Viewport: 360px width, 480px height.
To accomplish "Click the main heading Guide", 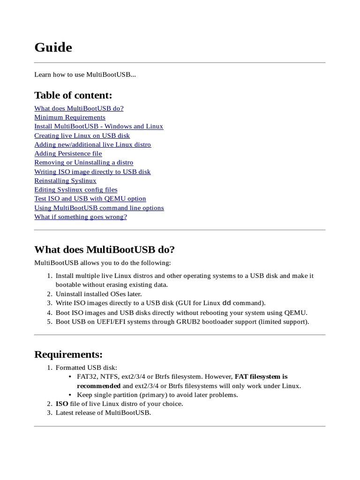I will (53, 47).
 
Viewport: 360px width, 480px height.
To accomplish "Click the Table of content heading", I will (73, 95).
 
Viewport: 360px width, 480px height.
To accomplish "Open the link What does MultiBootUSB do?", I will (79, 108).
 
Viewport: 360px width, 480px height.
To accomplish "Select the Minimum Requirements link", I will (69, 117).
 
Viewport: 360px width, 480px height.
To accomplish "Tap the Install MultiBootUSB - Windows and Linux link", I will (98, 126).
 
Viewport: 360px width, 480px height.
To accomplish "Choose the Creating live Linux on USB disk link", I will (82, 135).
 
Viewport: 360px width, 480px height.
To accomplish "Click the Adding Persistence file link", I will (68, 153).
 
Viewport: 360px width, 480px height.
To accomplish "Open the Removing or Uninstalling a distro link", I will (83, 162).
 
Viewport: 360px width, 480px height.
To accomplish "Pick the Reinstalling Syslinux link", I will (65, 180).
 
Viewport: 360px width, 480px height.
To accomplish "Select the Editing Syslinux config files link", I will (75, 189).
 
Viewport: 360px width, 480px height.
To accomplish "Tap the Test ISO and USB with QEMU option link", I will (90, 199).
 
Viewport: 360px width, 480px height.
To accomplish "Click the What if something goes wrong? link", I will (81, 217).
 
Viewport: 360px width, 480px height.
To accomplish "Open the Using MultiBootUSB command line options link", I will (99, 208).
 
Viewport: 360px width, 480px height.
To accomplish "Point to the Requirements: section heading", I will (68, 354).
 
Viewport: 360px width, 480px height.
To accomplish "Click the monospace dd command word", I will (226, 303).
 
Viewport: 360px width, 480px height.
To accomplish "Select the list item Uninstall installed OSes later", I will (98, 294).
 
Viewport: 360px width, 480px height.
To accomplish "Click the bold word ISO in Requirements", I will (62, 404).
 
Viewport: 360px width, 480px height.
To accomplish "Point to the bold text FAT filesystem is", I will (261, 376).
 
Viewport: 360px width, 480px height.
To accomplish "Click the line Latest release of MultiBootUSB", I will (103, 412).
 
